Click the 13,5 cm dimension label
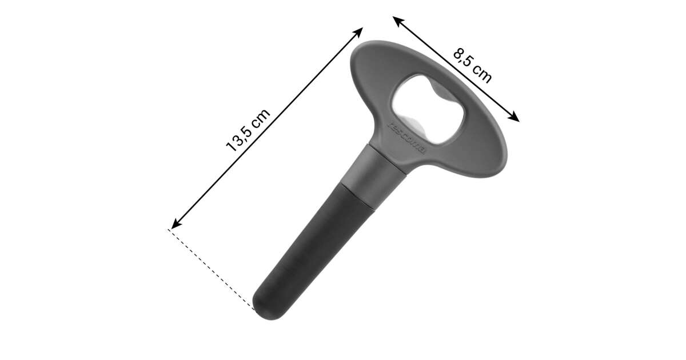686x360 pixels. click(248, 130)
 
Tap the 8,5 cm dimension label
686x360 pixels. click(473, 66)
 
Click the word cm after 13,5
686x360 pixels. click(261, 118)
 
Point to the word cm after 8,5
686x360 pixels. click(482, 74)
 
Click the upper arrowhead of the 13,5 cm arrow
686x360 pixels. click(358, 31)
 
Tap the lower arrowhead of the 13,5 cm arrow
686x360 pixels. click(176, 225)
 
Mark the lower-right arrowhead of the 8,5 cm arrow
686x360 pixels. click(514, 118)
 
